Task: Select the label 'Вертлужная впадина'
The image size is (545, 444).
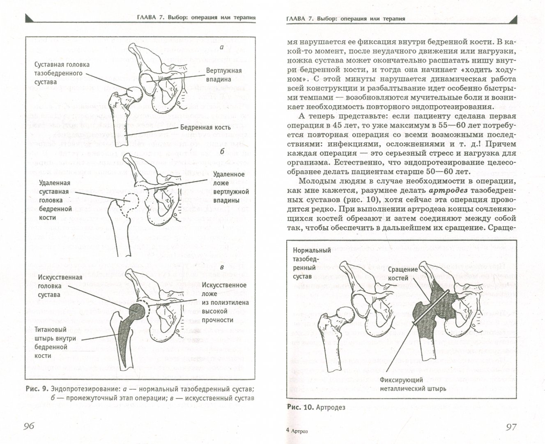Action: (224, 75)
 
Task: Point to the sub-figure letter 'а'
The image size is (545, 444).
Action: (222, 48)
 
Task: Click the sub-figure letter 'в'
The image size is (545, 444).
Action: (222, 268)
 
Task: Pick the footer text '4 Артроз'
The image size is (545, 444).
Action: (297, 431)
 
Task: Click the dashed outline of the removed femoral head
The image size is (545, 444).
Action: (131, 204)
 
